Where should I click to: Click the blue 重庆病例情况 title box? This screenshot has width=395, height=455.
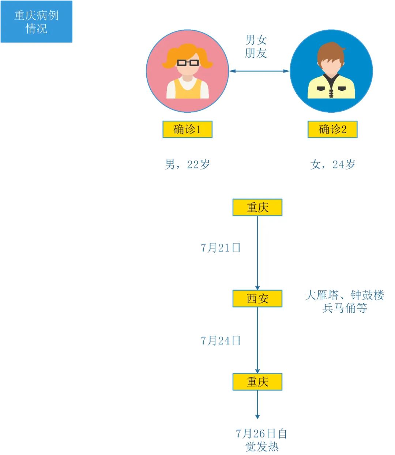(37, 22)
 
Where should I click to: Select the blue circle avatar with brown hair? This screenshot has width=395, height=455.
(331, 71)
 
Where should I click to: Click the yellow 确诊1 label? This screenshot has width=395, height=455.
(187, 129)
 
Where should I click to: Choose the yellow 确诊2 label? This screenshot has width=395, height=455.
(332, 129)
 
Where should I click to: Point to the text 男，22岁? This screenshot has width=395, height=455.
(187, 164)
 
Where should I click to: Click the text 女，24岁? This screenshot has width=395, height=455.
(332, 164)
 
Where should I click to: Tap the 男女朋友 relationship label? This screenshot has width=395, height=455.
(256, 46)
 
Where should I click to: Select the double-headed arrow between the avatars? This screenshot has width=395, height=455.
(259, 71)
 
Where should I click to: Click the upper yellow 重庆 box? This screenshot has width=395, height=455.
(257, 208)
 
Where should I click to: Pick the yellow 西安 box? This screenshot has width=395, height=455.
(257, 298)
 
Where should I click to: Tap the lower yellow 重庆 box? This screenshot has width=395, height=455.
(257, 382)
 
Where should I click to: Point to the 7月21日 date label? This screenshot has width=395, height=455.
(221, 248)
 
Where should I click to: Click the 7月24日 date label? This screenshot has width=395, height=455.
(221, 341)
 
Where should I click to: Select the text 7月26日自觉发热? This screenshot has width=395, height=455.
(261, 440)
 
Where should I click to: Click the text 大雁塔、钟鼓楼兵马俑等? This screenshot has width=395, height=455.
(345, 301)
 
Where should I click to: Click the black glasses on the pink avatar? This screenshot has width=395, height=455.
(188, 63)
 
